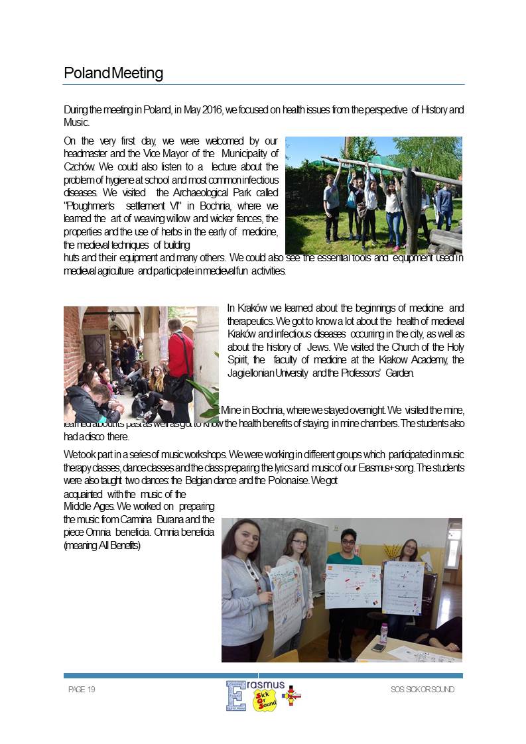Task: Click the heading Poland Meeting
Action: (113, 73)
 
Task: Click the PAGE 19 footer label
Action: (82, 690)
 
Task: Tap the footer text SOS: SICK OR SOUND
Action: (423, 690)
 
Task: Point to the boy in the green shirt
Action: (344, 584)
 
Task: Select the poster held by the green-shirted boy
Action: (353, 586)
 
